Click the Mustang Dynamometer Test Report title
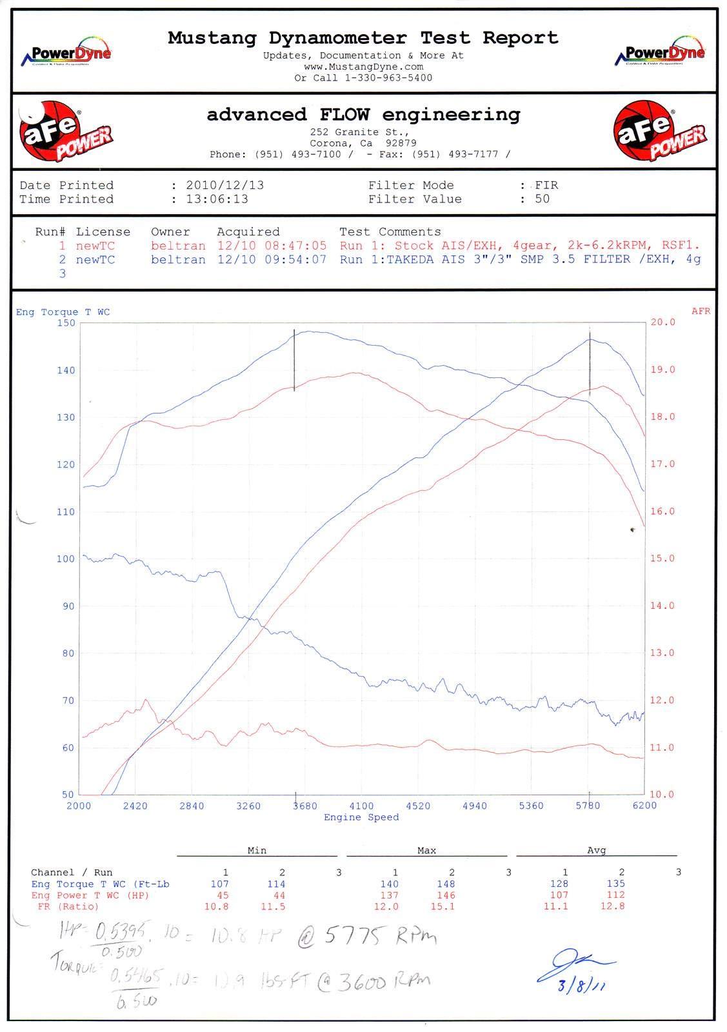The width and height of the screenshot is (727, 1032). tap(363, 38)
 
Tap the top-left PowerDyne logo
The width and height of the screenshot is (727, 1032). tap(66, 54)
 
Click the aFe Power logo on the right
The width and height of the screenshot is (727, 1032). tap(659, 132)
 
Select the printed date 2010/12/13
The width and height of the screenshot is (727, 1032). tap(224, 185)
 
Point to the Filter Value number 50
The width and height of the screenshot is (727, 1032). tap(542, 199)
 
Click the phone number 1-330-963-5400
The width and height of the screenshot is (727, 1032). tap(388, 78)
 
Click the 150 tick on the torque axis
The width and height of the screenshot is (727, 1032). tap(66, 323)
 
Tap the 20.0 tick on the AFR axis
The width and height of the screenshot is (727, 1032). tap(662, 322)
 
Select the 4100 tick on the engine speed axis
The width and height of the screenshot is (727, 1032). tap(361, 806)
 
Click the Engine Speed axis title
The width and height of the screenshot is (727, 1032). tap(361, 818)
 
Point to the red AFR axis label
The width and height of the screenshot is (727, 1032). tap(701, 312)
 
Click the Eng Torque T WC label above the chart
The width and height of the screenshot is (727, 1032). tap(63, 312)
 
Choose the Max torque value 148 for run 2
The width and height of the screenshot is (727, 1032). tap(446, 884)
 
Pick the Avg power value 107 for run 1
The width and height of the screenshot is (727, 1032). tap(559, 895)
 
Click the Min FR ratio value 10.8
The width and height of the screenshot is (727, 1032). tap(216, 907)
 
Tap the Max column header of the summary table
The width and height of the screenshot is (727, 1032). tap(426, 851)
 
